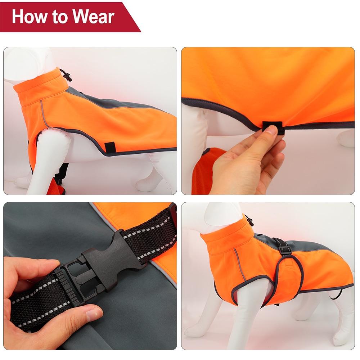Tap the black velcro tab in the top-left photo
[x=110, y=147]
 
